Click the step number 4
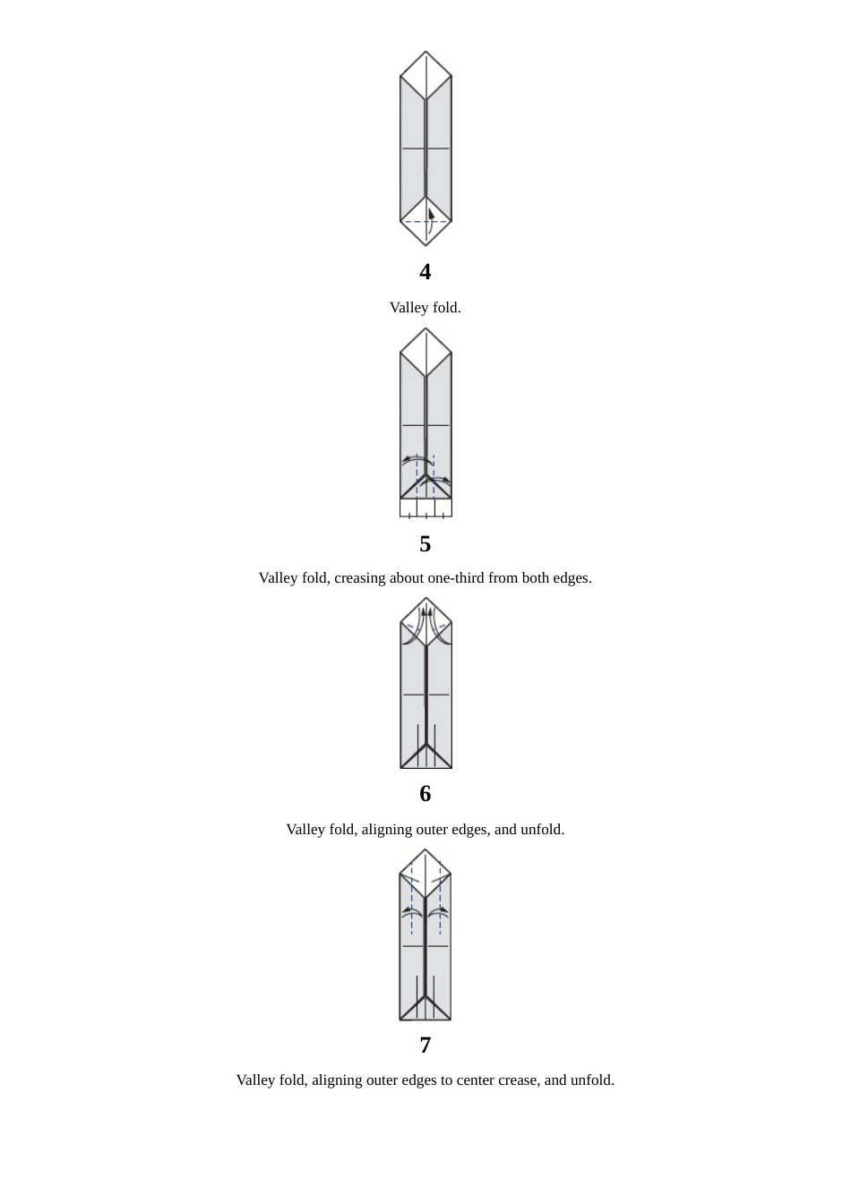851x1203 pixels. [425, 271]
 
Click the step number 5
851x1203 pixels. [425, 543]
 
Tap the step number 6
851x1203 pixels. [425, 793]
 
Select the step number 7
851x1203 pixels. [425, 1045]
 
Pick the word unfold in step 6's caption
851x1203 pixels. [542, 830]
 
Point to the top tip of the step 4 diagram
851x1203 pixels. [425, 52]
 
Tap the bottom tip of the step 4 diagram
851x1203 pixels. [425, 245]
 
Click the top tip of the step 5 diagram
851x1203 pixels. [425, 328]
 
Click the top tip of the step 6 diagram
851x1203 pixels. [426, 598]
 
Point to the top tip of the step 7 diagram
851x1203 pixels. [425, 849]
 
